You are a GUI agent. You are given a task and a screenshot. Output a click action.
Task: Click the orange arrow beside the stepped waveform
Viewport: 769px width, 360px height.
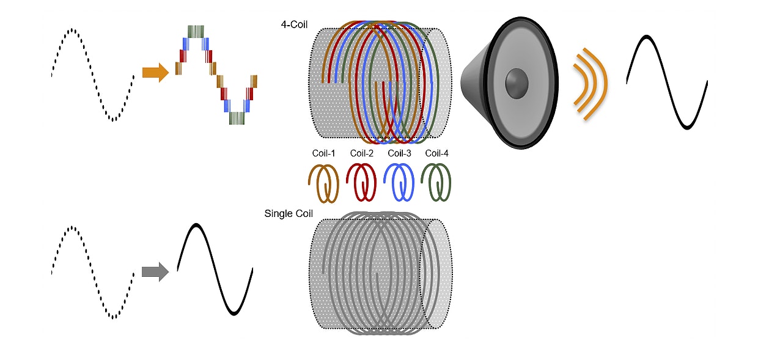pos(155,73)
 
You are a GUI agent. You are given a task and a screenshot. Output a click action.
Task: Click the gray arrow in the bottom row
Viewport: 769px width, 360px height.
pos(155,271)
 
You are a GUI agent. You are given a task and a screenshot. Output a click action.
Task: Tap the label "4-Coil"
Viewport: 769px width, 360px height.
pos(294,25)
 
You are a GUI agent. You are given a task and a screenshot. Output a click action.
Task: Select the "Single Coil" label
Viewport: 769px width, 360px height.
pos(289,213)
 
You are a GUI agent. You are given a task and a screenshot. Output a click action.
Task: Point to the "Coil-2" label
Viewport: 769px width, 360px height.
pos(361,153)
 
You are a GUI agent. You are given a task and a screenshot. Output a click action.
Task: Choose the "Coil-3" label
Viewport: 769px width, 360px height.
pos(400,153)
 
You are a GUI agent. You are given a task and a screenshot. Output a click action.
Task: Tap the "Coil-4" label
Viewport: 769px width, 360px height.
pos(437,153)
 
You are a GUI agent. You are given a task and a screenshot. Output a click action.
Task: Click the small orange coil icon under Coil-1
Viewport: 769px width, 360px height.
pos(323,182)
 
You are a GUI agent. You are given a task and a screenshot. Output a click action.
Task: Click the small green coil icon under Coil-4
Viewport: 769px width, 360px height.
pos(437,182)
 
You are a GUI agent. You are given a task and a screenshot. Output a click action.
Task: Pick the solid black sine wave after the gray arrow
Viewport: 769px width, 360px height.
pos(215,270)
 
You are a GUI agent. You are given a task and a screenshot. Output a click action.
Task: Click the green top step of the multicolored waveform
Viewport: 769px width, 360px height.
pos(196,31)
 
